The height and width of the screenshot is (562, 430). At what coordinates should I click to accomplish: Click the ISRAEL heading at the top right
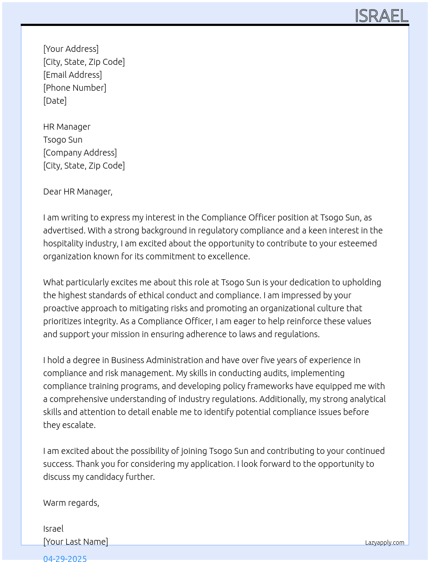pos(381,16)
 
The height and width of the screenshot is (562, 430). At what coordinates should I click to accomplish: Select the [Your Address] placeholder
pos(71,49)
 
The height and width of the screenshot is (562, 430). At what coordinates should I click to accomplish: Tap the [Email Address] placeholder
pos(73,75)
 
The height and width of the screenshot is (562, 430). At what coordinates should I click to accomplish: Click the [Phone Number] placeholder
pos(75,88)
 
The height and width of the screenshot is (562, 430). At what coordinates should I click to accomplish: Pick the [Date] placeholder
pos(55,101)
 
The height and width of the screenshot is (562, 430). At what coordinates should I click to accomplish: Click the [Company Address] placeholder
pos(80,153)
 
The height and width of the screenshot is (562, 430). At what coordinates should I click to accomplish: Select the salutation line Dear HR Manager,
pos(78,192)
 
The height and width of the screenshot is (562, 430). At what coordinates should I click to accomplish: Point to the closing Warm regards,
pos(71,503)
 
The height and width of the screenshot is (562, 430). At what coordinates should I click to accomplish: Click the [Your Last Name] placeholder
pos(76,542)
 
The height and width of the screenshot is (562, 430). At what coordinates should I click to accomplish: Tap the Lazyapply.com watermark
pos(385,543)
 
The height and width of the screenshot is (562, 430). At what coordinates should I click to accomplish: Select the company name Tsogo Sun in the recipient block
pos(63,140)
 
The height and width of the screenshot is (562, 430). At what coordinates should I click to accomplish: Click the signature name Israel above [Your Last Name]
pos(53,529)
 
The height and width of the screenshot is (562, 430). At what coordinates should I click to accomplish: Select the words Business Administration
pos(157,360)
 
